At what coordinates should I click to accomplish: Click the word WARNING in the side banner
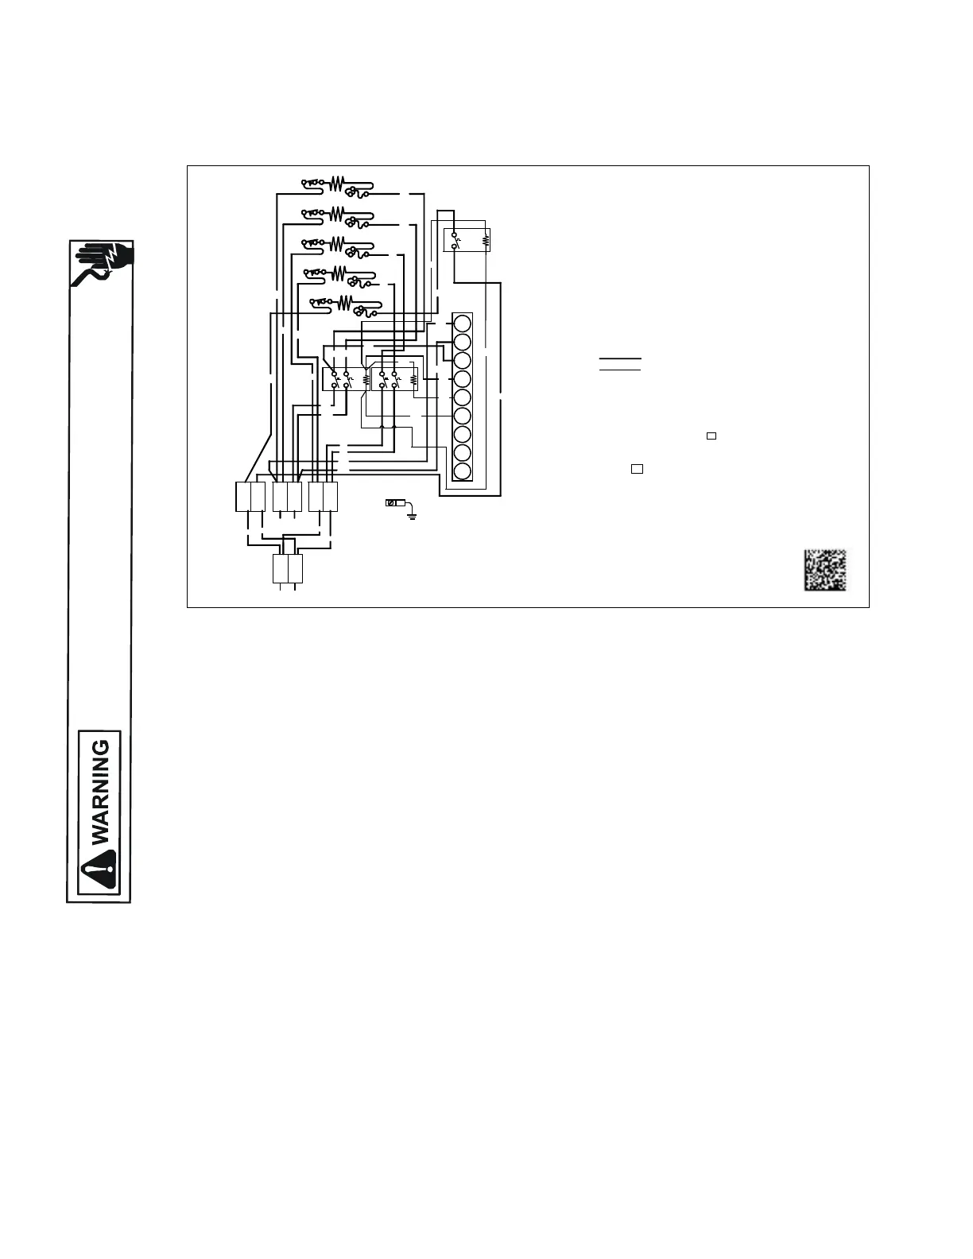100,792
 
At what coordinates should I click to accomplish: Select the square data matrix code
824,570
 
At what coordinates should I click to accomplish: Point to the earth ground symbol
412,514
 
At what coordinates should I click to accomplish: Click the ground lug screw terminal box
391,503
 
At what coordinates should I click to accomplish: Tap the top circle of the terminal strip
462,323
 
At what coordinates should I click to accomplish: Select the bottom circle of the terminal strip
462,471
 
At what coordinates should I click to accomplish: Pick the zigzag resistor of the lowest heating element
345,302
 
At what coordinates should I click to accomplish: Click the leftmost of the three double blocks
250,497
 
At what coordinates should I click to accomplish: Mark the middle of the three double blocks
287,497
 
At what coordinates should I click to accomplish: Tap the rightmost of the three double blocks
324,497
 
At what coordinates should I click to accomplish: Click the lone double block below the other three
288,569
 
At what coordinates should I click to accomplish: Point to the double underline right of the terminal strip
620,364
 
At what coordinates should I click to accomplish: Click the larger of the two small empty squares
637,469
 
